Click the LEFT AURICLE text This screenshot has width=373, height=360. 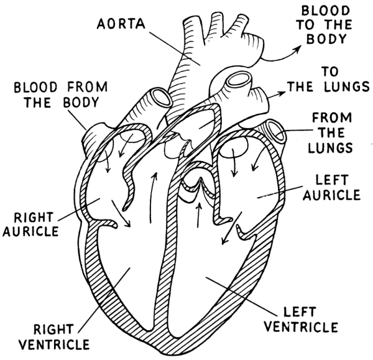(x=338, y=188)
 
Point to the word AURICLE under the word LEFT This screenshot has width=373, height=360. (x=338, y=195)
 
